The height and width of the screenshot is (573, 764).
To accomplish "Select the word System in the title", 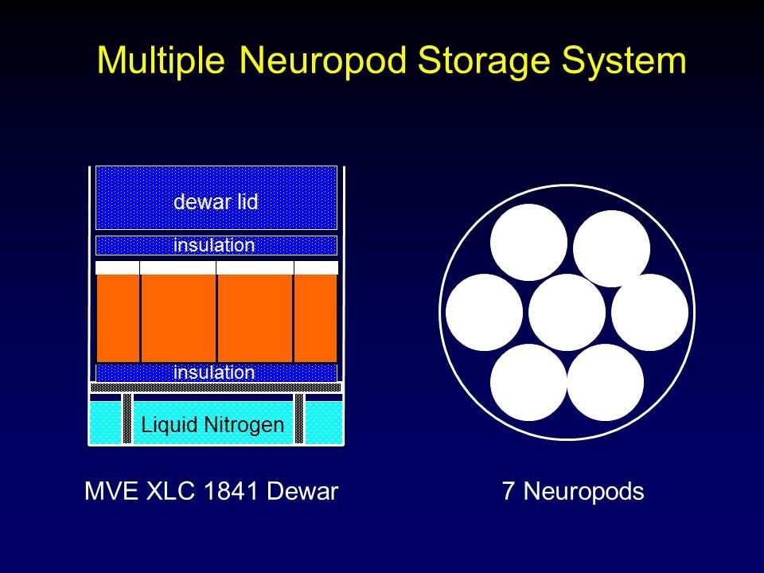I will pos(633,60).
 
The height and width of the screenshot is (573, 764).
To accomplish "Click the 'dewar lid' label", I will pos(216,202).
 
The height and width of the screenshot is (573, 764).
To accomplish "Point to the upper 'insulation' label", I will pos(215,245).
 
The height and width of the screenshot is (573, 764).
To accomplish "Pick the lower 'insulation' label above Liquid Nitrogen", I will pos(215,372).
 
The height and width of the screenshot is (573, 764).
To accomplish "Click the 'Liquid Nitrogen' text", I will pos(212,425).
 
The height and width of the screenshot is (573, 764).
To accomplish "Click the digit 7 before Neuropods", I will pos(508,492).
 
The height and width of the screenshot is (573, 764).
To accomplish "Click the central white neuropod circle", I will pos(567,312).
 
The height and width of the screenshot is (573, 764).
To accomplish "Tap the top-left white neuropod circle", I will pos(528,242).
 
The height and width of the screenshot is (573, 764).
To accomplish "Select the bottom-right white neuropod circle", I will pos(605,382).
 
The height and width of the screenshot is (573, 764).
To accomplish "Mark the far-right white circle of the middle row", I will pos(649,312).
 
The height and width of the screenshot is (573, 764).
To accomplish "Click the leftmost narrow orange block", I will pos(118,318).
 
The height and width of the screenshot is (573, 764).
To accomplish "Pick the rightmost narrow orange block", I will pos(315,318).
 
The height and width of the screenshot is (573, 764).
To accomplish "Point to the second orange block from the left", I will pos(178,318).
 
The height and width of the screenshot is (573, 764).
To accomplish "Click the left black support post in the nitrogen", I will pos(127,419).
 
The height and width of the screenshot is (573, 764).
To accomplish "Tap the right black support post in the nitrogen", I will pos(299,419).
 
